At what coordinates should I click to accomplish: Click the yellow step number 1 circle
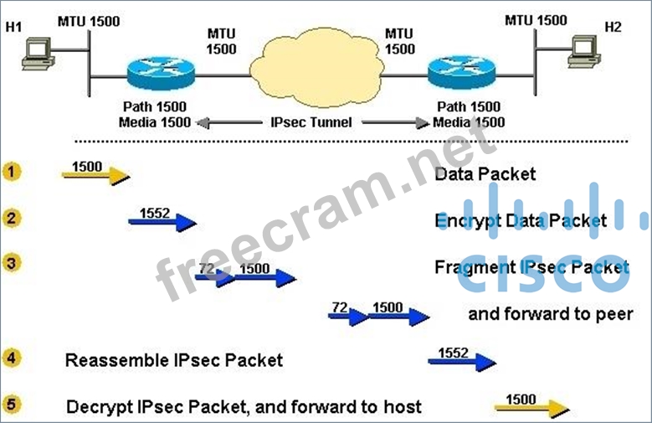(x=11, y=173)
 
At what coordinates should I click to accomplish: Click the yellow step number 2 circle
(x=11, y=219)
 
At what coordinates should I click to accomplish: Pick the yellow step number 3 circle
(x=11, y=263)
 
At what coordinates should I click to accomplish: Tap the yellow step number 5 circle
(x=11, y=404)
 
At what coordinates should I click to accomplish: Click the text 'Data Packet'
(x=485, y=174)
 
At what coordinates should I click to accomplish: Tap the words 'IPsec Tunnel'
(x=311, y=122)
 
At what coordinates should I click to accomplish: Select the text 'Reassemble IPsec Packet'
(x=174, y=360)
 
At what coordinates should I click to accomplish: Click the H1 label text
(x=13, y=27)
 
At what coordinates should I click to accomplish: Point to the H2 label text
(x=613, y=27)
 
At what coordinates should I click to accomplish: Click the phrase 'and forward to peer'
(x=550, y=313)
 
